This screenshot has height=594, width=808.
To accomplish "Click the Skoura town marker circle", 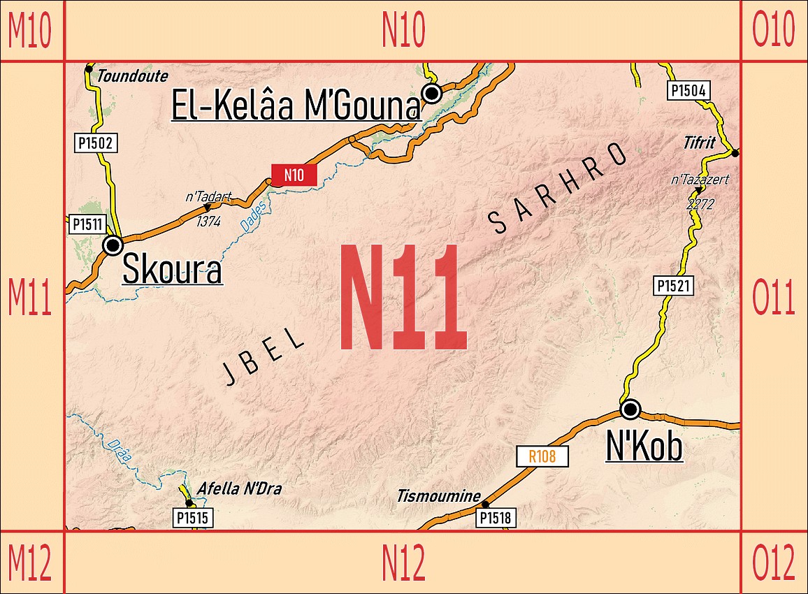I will pos(113,245).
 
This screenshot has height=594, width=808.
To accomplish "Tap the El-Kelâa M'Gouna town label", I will pos(296,107).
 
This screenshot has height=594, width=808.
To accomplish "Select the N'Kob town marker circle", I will pos(630,409).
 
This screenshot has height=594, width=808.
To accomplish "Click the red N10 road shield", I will pos(294,175).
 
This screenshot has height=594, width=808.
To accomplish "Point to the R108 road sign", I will pos(542,457).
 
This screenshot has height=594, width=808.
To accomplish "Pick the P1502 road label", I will pos(94,144).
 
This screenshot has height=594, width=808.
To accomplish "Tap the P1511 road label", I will pos(87,224).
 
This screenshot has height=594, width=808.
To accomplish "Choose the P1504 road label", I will pos(689,90).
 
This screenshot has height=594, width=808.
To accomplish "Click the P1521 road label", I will pos(674,285).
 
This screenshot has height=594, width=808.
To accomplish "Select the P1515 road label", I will pos(192,518).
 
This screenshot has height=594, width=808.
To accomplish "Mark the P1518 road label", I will pos(496,518).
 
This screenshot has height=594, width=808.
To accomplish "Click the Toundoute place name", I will pos(124,75).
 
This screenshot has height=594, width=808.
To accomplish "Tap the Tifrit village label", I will pos(699,143).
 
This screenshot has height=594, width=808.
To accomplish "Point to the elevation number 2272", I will pos(701,204).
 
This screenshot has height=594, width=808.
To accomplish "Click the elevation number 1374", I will pos(208,221).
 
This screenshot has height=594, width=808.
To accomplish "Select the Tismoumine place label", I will pos(438,496).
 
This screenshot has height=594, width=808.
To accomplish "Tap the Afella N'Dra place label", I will pos(239,488).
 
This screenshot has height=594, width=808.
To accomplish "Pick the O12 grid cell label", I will pos(773,563).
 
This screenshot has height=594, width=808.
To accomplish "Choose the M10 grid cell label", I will pos(30,31).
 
